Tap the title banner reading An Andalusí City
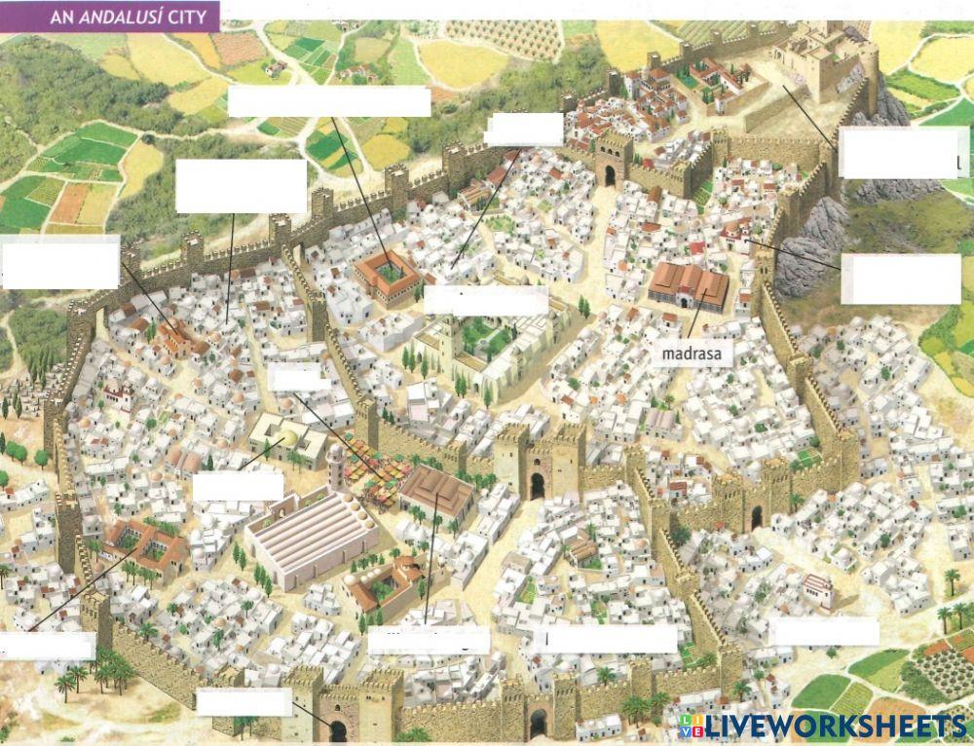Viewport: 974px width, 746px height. (x=109, y=16)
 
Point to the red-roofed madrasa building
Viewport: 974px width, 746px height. (x=690, y=284)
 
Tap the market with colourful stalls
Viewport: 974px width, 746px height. (x=382, y=482)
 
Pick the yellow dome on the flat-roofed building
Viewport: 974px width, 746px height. (x=288, y=440)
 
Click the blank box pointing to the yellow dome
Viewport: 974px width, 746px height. (x=238, y=487)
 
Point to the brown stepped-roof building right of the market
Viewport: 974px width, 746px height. (x=437, y=489)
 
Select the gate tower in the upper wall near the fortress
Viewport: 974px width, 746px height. (x=614, y=161)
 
